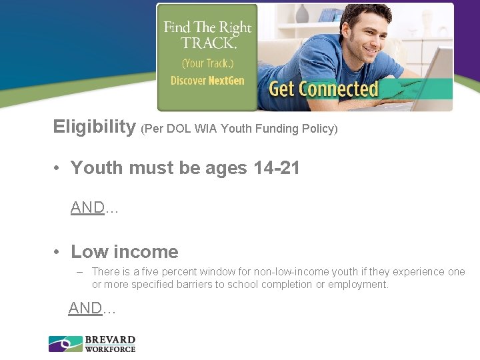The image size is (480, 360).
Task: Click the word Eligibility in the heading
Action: [94, 127]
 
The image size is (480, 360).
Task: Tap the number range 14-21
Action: [277, 168]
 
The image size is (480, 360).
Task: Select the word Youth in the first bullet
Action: [94, 168]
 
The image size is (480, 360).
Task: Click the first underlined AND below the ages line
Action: [87, 208]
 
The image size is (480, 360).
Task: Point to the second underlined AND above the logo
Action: [85, 308]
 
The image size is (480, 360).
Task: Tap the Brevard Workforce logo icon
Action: [65, 344]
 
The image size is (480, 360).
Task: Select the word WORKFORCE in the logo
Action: [110, 349]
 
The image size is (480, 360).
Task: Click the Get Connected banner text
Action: [323, 89]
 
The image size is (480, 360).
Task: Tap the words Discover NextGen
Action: [207, 81]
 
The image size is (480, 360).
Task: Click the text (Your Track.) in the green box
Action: [207, 64]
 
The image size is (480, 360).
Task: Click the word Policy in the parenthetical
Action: [319, 129]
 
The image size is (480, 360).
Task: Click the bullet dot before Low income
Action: [59, 252]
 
